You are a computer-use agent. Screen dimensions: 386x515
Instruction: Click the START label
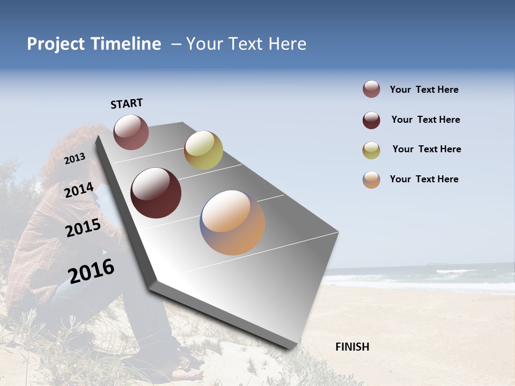[127, 103]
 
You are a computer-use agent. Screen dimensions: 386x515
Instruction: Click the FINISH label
[352, 347]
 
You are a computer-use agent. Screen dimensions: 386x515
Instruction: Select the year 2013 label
[75, 159]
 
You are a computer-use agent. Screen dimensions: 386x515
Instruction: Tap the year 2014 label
[79, 190]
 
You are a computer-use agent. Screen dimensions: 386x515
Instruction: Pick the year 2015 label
[83, 228]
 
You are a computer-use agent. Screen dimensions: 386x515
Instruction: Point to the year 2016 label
[91, 271]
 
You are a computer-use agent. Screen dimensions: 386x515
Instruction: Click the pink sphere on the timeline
[131, 132]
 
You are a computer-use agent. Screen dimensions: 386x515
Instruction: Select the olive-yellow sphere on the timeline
[203, 150]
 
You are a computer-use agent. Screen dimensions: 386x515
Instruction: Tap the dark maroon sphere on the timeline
[156, 193]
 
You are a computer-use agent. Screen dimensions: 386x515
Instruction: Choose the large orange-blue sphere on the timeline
[232, 222]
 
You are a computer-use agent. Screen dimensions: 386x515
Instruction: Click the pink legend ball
[371, 90]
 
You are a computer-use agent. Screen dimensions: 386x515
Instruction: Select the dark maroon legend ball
[371, 120]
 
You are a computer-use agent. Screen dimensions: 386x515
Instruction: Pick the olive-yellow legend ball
[371, 150]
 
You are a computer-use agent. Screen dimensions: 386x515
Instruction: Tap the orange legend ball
[371, 180]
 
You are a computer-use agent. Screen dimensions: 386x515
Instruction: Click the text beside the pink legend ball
[424, 90]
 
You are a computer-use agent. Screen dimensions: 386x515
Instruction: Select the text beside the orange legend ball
[424, 179]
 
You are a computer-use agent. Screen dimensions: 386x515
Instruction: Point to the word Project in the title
[56, 44]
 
